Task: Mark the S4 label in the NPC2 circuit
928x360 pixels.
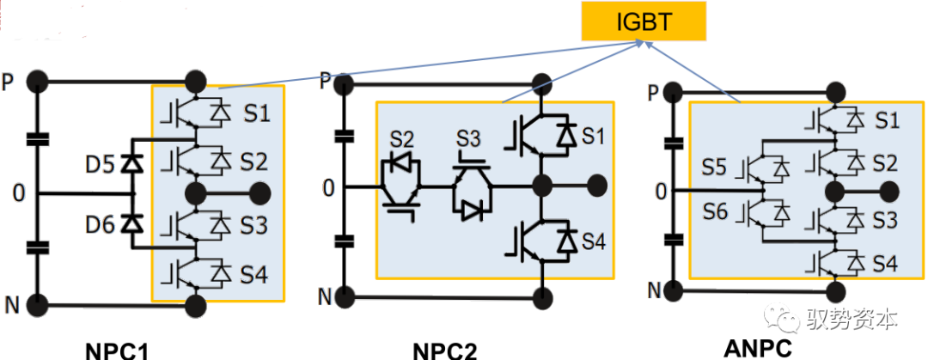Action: pos(593,243)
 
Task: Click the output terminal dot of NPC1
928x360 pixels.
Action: pos(261,191)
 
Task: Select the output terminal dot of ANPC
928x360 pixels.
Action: pos(889,190)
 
